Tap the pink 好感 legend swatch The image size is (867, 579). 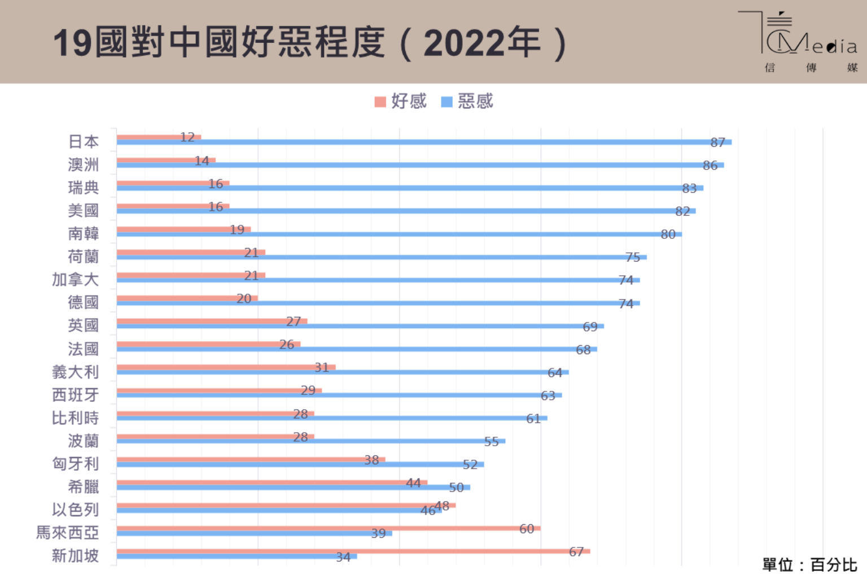380,102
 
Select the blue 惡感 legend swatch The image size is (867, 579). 446,102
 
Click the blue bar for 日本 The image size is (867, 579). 423,142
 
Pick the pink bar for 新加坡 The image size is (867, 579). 353,551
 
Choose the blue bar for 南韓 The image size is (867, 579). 399,234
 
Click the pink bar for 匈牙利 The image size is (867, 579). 251,459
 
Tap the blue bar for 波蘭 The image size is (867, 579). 310,441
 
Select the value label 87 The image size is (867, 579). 717,142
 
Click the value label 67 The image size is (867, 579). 576,551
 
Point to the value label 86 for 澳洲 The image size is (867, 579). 710,165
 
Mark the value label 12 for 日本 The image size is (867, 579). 187,137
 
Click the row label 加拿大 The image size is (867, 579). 75,280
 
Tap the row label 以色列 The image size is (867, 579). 75,510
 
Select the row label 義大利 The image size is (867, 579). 75,372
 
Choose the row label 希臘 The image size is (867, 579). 83,486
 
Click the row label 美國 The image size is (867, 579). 83,211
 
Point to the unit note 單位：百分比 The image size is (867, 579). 809,564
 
